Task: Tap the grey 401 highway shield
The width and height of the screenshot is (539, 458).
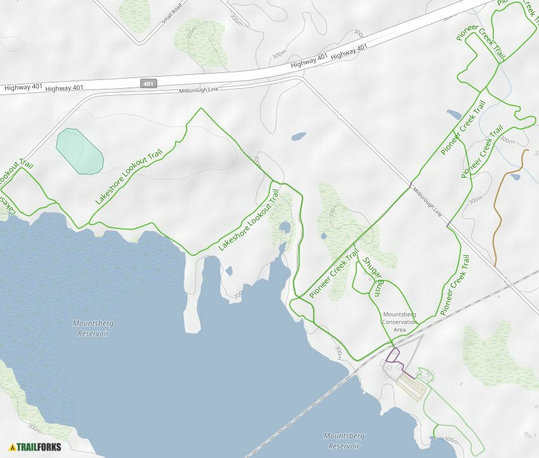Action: [148, 83]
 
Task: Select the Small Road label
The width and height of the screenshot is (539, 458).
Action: [171, 14]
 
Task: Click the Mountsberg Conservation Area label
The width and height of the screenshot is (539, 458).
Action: [399, 322]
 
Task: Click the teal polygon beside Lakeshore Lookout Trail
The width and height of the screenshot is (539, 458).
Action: [79, 152]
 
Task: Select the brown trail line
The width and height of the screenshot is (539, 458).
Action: [499, 216]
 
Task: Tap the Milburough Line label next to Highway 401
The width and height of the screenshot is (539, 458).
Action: [198, 90]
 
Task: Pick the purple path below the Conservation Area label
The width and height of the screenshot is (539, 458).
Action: [394, 357]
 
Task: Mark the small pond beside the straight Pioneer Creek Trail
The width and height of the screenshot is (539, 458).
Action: [454, 115]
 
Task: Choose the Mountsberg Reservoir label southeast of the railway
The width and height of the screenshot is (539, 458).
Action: [344, 441]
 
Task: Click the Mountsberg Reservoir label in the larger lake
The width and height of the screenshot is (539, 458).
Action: [93, 328]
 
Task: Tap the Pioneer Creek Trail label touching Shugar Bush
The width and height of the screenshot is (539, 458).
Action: [334, 273]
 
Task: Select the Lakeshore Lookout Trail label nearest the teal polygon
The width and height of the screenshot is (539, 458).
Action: [129, 176]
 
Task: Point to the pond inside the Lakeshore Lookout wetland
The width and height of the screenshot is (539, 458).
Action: [285, 227]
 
